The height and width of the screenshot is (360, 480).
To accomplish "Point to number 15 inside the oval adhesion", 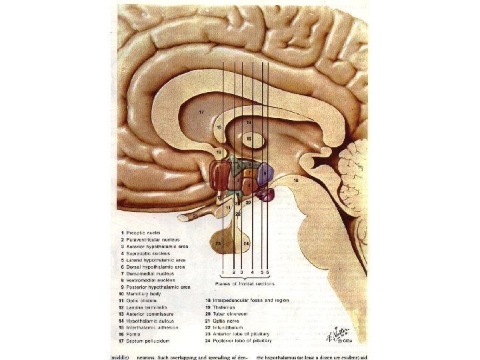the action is [248, 138].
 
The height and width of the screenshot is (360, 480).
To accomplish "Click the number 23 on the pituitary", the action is [218, 244].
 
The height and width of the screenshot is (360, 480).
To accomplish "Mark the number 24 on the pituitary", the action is [246, 244].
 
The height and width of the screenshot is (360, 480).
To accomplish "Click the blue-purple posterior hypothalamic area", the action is [265, 173].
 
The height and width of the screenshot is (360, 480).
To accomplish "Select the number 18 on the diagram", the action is [295, 180].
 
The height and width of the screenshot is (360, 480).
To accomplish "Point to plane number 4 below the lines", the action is [253, 273].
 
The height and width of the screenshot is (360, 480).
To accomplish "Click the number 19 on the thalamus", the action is [248, 123].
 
